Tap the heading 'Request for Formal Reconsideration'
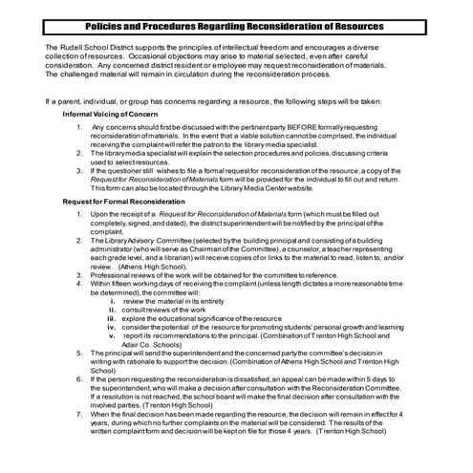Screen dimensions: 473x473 (x=123, y=202)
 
